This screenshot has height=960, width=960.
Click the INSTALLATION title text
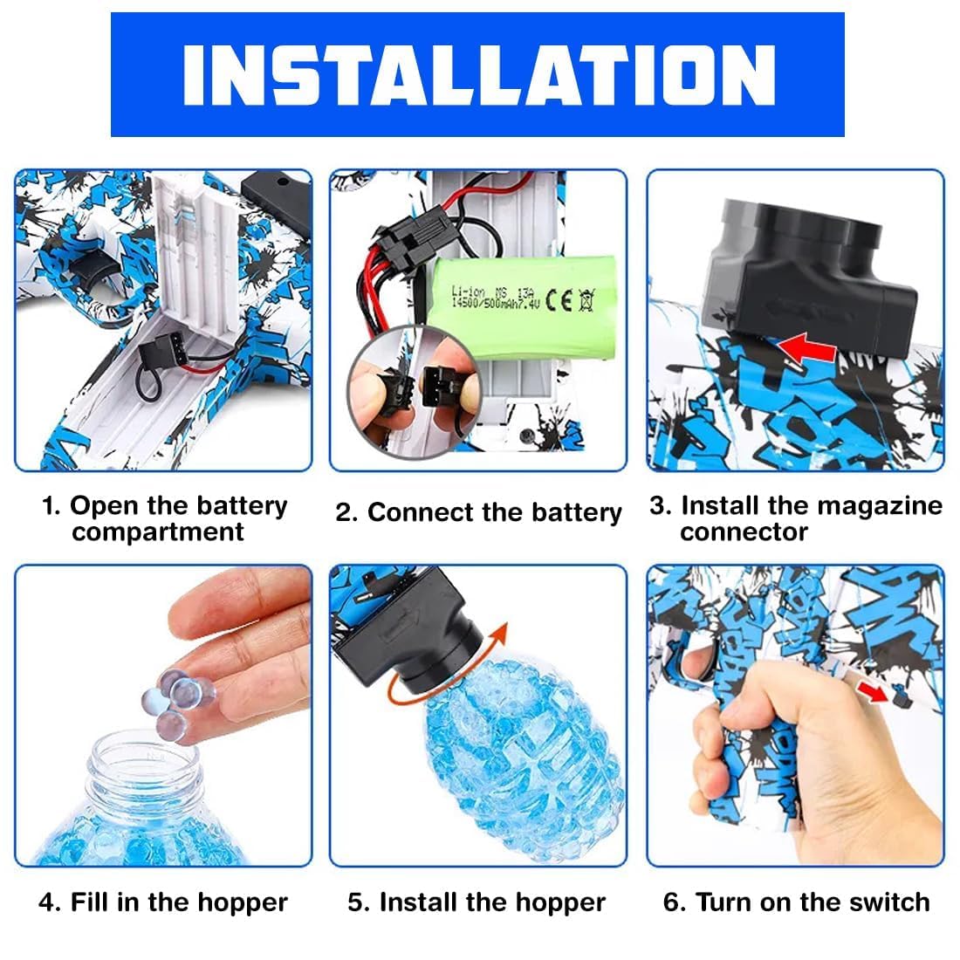pyautogui.click(x=479, y=75)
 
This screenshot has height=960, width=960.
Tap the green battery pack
pyautogui.click(x=519, y=306)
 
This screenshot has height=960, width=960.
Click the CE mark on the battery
pyautogui.click(x=559, y=300)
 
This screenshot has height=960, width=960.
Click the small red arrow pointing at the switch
pyautogui.click(x=872, y=692)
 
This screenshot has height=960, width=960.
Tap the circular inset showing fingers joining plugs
pyautogui.click(x=415, y=393)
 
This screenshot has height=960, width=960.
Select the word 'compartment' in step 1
pyautogui.click(x=158, y=532)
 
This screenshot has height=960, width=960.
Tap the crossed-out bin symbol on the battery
pyautogui.click(x=586, y=300)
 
